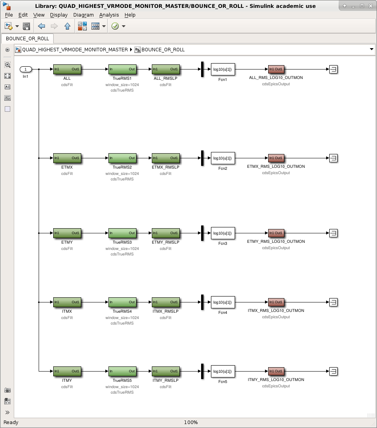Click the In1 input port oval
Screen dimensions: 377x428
(x=26, y=69)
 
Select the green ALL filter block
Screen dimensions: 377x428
(x=67, y=69)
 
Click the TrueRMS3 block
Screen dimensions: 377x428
(x=122, y=233)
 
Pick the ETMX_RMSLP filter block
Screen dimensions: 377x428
(x=166, y=158)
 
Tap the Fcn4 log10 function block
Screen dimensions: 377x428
(x=223, y=302)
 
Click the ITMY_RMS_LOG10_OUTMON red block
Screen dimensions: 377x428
(x=276, y=371)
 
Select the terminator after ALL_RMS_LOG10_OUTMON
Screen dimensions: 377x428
(x=333, y=69)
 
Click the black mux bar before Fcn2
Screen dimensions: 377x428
(x=202, y=158)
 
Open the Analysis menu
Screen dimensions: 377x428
(x=109, y=15)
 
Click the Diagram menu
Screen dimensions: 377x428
(x=84, y=15)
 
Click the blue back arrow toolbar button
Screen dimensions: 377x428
(x=41, y=26)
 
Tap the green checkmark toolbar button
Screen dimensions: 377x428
(x=115, y=26)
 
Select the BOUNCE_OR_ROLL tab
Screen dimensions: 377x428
(x=28, y=39)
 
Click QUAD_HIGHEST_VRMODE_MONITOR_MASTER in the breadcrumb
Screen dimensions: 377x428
(x=75, y=50)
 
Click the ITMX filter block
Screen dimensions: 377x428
(x=67, y=302)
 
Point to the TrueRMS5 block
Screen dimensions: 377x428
(x=122, y=371)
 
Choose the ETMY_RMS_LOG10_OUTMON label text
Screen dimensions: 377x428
(x=276, y=242)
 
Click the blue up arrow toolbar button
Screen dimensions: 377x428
(x=67, y=26)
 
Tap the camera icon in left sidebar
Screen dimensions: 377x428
(x=7, y=390)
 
